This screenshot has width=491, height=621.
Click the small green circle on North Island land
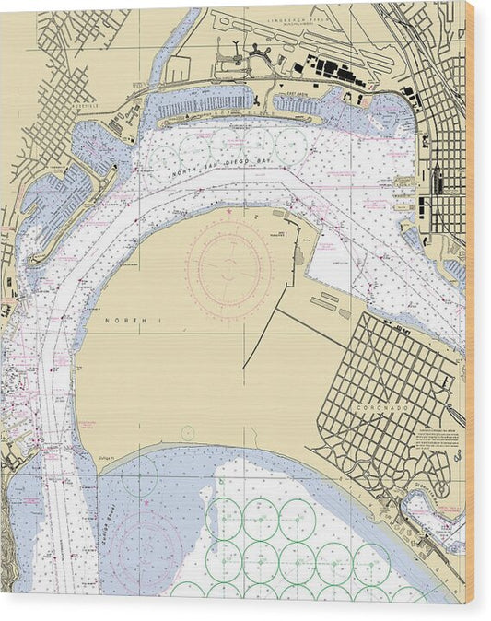pos(188,432)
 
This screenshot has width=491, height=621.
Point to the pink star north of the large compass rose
pos(228,213)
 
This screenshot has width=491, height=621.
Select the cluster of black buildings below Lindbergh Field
pos(332,70)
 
